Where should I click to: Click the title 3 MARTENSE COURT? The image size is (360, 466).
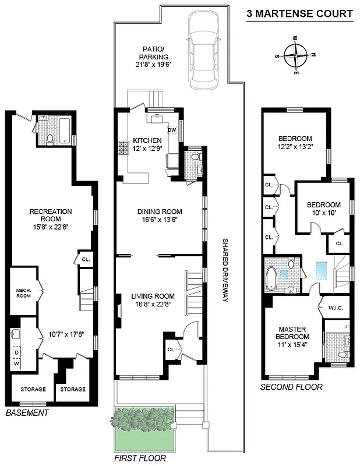tap(299, 13)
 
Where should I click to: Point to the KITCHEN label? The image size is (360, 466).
tap(147, 140)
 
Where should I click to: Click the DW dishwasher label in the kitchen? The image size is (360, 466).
tap(172, 130)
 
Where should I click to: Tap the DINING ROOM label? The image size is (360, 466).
tap(160, 211)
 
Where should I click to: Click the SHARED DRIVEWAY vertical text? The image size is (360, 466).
tap(224, 271)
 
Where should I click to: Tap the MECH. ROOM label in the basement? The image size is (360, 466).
tap(23, 292)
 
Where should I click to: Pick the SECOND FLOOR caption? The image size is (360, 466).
tap(291, 387)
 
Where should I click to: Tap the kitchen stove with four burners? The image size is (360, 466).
tap(123, 148)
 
